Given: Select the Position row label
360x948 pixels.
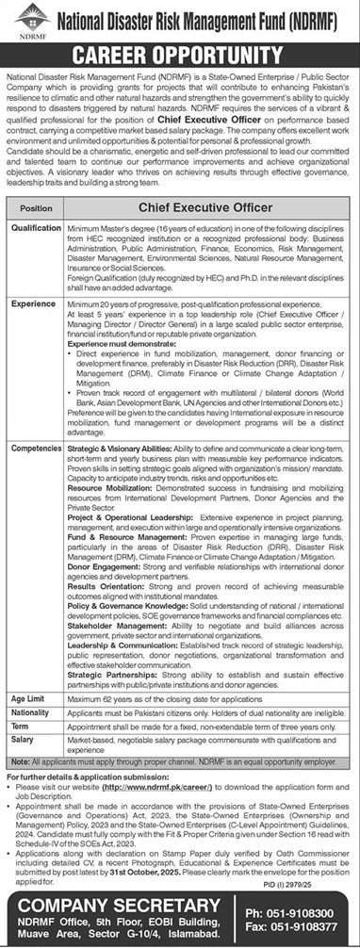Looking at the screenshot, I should pyautogui.click(x=36, y=206).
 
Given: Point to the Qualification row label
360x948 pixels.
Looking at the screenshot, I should pyautogui.click(x=37, y=227).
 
